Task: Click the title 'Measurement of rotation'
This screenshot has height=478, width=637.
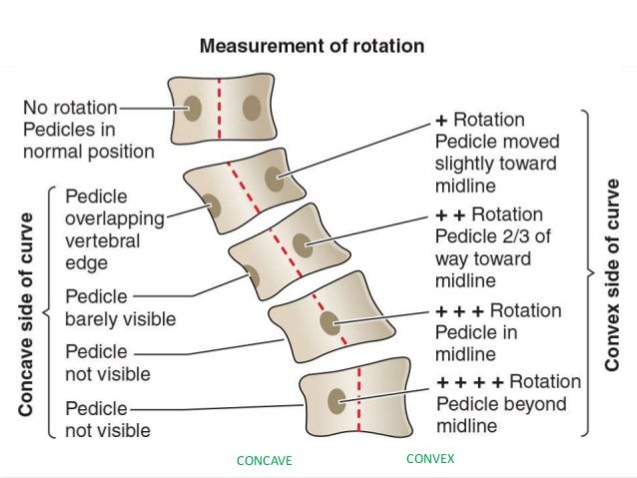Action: pyautogui.click(x=312, y=46)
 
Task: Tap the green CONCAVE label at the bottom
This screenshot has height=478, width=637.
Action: pyautogui.click(x=264, y=461)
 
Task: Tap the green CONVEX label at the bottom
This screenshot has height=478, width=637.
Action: pyautogui.click(x=430, y=459)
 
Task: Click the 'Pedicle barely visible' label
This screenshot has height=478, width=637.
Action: pyautogui.click(x=120, y=307)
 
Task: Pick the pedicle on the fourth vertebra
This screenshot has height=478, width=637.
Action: pyautogui.click(x=328, y=323)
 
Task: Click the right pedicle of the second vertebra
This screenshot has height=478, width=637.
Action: pyautogui.click(x=273, y=179)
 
